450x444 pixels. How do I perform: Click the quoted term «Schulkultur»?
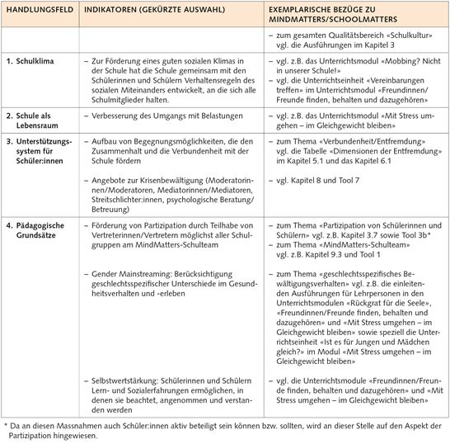pos(397,37)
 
